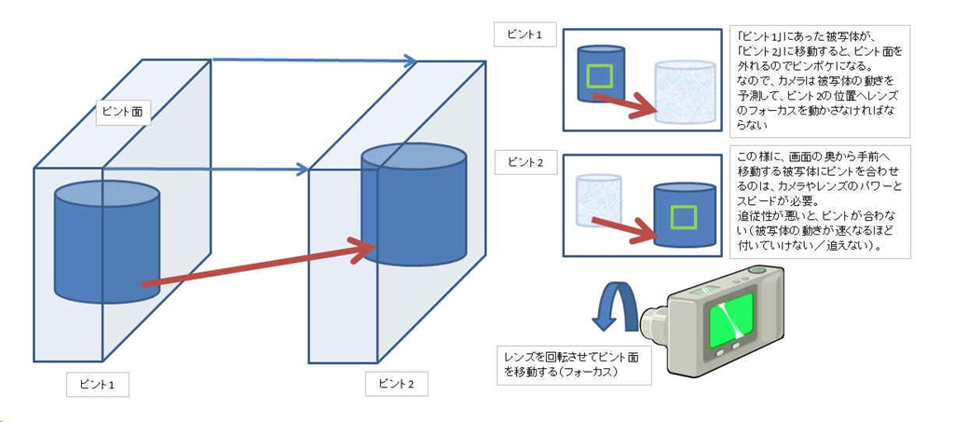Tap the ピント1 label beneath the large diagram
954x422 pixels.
[97, 384]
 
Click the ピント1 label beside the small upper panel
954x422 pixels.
[525, 36]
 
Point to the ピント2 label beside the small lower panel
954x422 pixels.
[525, 162]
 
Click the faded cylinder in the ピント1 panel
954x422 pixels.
[685, 91]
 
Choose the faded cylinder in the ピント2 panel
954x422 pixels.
[596, 201]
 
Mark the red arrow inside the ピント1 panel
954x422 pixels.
[628, 104]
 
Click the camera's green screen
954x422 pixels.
[731, 319]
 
